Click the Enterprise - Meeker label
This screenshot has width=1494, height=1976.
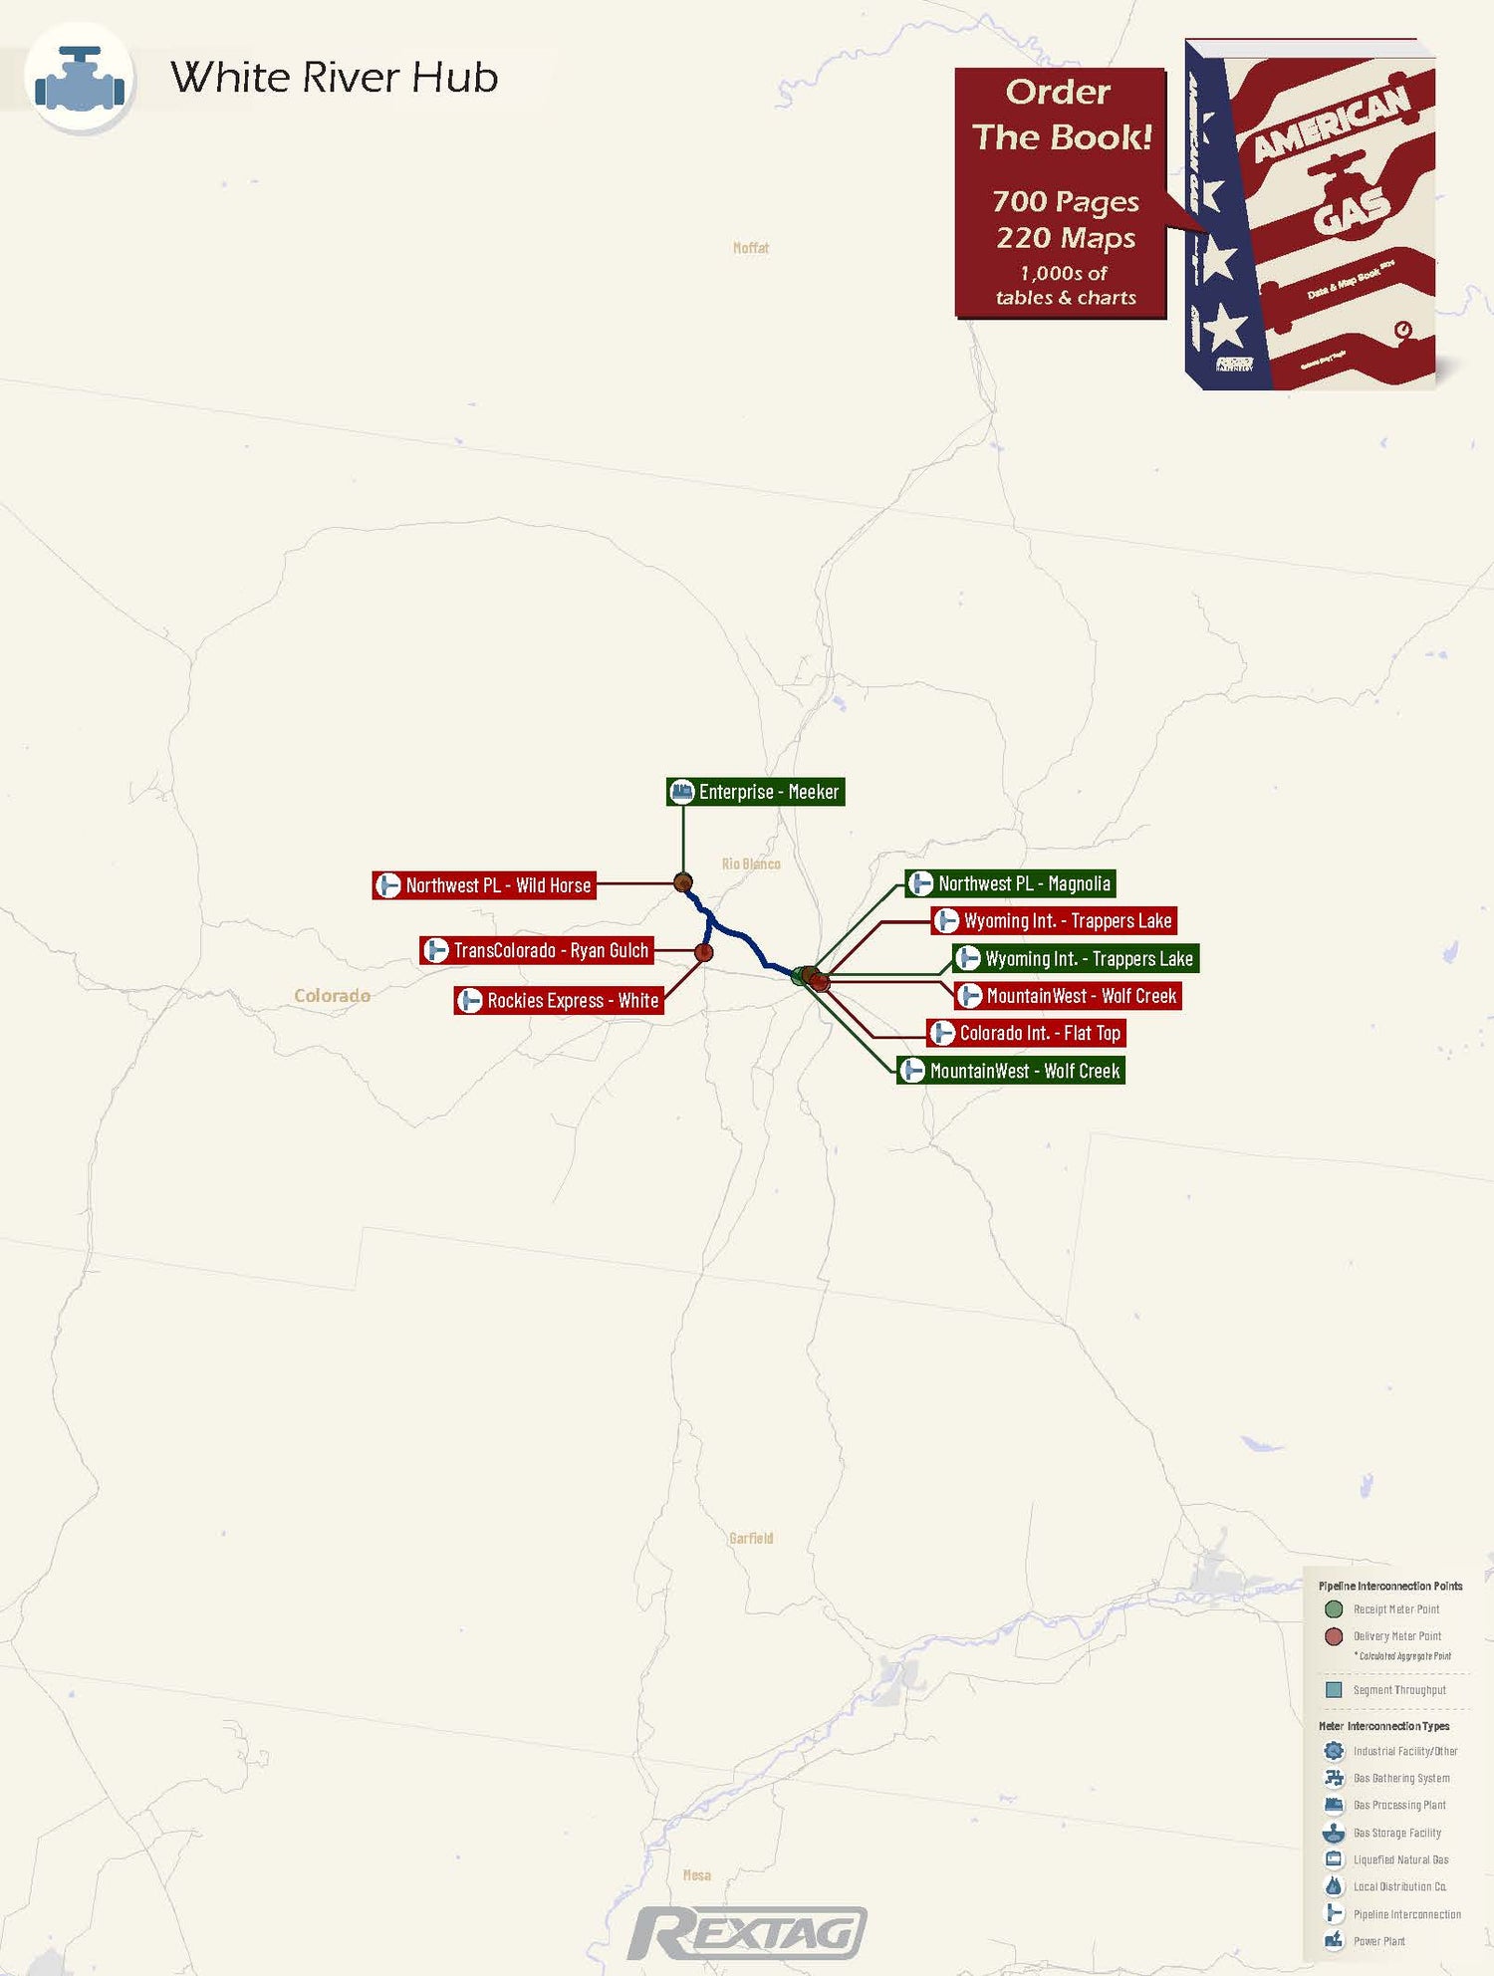[756, 792]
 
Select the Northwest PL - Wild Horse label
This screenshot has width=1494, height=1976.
[485, 885]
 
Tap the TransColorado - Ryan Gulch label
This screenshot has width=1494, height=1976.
[538, 950]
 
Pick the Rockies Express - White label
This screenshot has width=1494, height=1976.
[560, 1000]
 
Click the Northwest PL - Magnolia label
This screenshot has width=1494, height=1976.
[1011, 883]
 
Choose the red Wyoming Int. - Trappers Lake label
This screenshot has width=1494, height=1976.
[1055, 921]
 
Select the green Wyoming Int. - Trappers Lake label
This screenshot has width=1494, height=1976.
[1076, 959]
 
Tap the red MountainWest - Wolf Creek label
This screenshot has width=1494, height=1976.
[1069, 996]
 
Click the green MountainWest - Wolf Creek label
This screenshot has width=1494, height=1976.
[1011, 1071]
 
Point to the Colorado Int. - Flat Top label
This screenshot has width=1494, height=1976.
[1027, 1033]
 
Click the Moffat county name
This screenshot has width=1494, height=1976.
[751, 248]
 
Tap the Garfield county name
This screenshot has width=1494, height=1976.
[751, 1539]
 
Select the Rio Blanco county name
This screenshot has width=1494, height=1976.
[751, 864]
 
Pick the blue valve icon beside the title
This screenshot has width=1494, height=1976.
[80, 79]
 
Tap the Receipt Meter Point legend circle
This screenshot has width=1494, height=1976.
[1334, 1609]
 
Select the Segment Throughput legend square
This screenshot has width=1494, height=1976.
[1334, 1690]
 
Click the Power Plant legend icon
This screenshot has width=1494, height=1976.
[1334, 1940]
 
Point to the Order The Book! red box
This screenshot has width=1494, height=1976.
[1061, 193]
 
